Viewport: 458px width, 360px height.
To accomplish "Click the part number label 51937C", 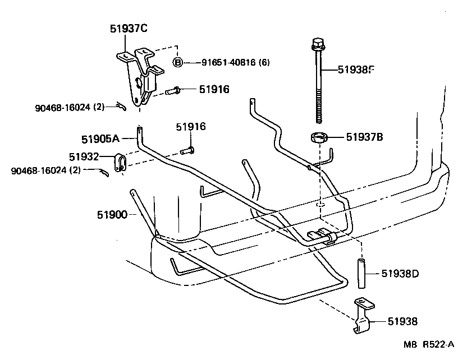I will coord(128,29).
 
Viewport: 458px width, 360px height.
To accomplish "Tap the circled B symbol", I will coord(178,62).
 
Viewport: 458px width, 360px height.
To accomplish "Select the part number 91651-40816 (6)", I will coord(236,63).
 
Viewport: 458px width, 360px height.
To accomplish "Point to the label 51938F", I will coord(355,70).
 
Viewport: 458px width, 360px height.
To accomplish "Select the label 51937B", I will coord(364,136).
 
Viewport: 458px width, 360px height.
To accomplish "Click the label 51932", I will coord(85,157).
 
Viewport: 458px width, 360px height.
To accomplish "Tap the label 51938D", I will coord(400,274).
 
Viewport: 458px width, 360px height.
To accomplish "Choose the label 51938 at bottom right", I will coord(402,321).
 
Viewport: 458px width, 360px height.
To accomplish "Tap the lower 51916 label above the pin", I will coord(191,127).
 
